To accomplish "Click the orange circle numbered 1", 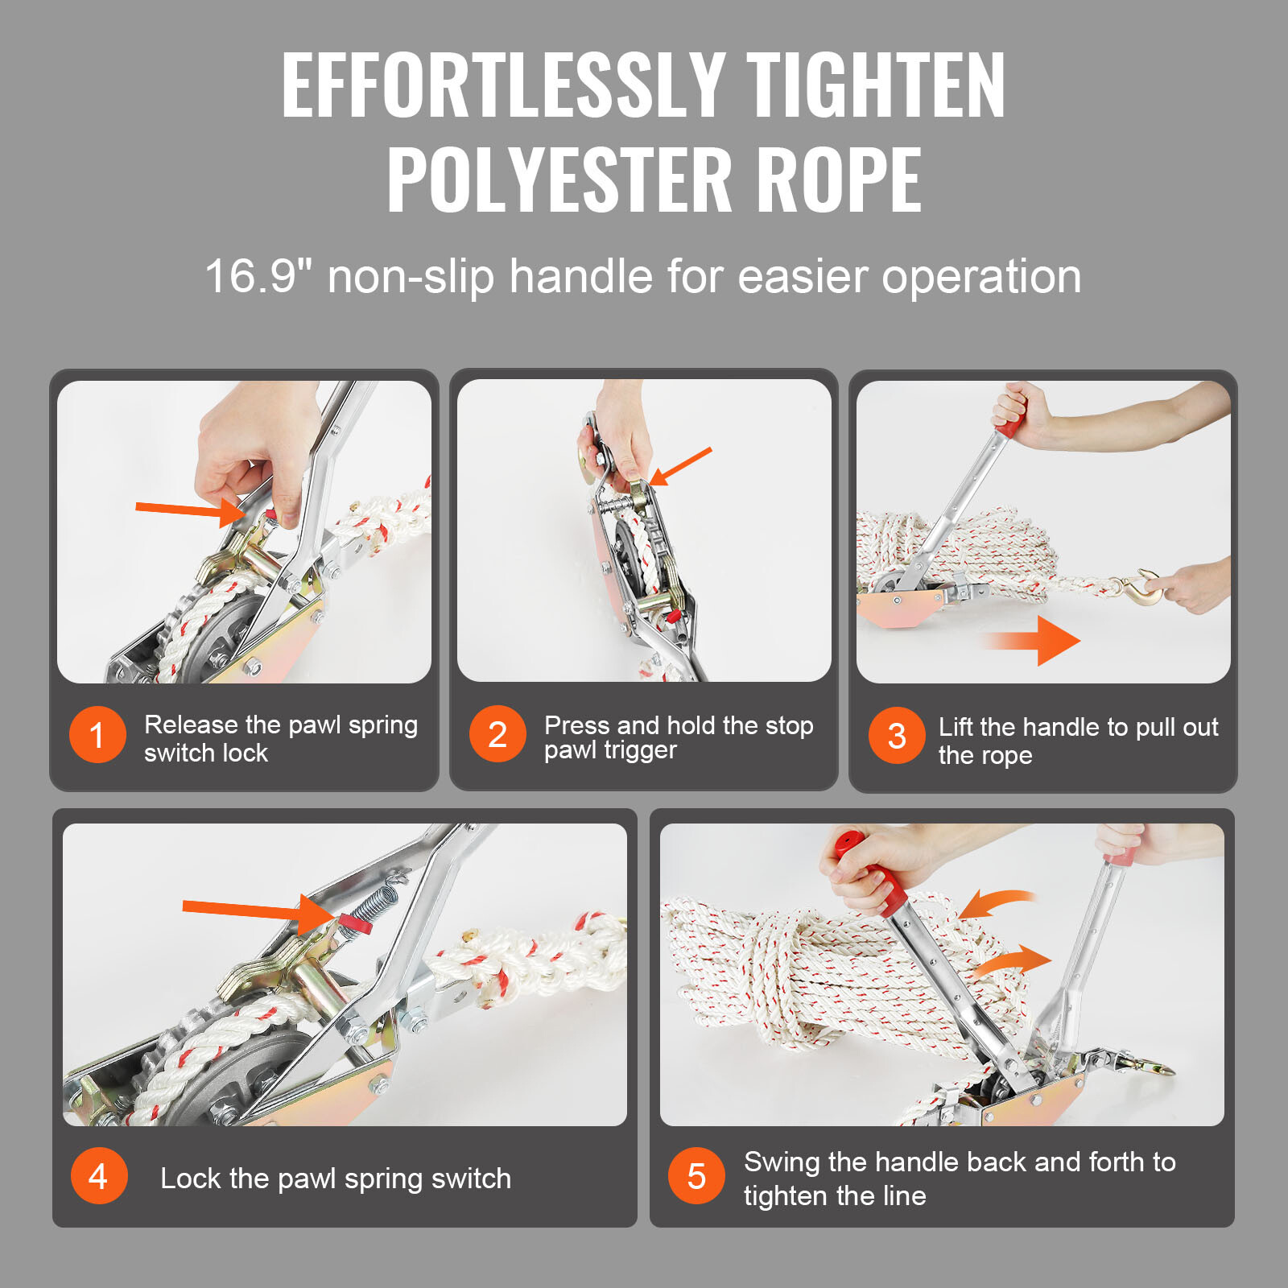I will pyautogui.click(x=97, y=735).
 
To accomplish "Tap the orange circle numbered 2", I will pyautogui.click(x=497, y=734).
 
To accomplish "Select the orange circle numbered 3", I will pyautogui.click(x=896, y=736).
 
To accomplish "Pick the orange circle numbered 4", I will pyautogui.click(x=99, y=1177).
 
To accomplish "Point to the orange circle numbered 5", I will pyautogui.click(x=696, y=1176).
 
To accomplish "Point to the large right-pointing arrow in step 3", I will pyautogui.click(x=1035, y=641).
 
